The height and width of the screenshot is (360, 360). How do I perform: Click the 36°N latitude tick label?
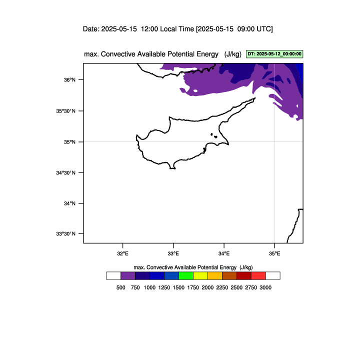click(x=69, y=80)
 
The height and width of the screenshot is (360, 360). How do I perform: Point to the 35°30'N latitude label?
click(x=65, y=111)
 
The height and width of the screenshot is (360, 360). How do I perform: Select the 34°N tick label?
click(x=69, y=203)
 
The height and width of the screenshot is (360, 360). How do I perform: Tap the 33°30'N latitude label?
click(x=65, y=233)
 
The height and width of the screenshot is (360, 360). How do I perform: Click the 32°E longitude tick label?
click(x=123, y=253)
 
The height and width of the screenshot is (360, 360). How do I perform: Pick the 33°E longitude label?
click(x=173, y=253)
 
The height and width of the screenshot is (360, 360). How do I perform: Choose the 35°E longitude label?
click(x=274, y=253)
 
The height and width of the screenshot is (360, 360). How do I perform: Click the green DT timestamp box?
click(x=274, y=54)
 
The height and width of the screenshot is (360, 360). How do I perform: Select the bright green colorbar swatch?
click(x=186, y=275)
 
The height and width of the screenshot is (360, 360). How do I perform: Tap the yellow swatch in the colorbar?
click(x=200, y=275)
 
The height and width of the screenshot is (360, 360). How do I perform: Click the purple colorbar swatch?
click(x=128, y=275)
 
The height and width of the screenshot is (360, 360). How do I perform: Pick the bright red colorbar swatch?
click(x=258, y=275)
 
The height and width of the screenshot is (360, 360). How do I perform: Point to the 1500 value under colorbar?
click(x=178, y=287)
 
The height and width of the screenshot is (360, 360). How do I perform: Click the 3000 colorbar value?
click(x=265, y=287)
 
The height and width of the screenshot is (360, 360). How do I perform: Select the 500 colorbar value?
click(x=121, y=287)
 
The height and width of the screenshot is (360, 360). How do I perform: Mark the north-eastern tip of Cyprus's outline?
click(x=255, y=98)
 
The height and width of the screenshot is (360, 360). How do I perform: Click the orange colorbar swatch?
click(x=215, y=275)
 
